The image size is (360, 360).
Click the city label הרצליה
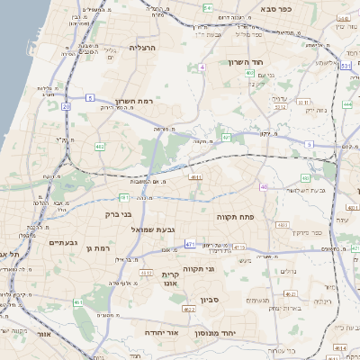tap(142, 47)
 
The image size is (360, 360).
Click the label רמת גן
tap(94, 247)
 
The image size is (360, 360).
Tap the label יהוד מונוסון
tap(214, 333)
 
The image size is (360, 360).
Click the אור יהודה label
tap(164, 332)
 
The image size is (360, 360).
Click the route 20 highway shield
tap(66, 106)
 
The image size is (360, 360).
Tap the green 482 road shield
tap(100, 146)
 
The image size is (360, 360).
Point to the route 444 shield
tap(347, 104)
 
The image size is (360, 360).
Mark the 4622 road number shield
tap(189, 309)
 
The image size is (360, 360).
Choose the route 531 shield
tap(346, 65)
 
